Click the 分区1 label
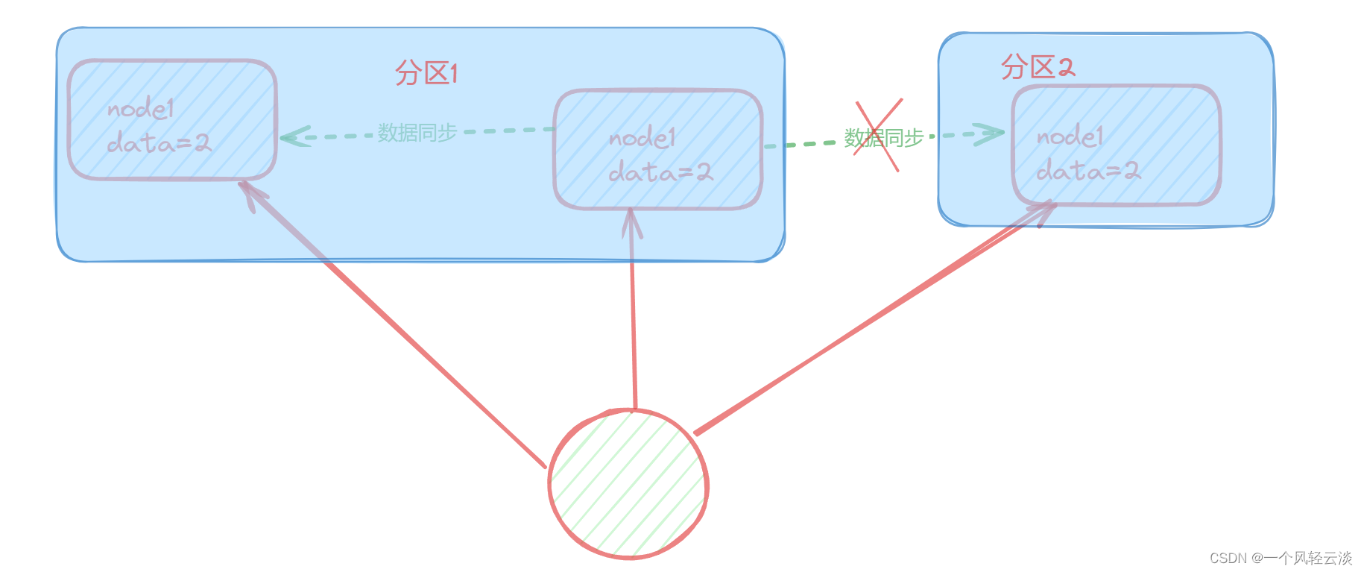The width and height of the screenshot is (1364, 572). coord(426,73)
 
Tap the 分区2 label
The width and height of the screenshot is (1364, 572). coord(1037,67)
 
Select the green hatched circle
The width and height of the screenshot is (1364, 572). coord(628,484)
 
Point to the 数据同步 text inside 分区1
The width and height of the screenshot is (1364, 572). coord(417,133)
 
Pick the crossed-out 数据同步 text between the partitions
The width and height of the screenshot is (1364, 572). coord(884,138)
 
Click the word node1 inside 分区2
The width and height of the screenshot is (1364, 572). coord(1069,136)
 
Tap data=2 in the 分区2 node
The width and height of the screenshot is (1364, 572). coord(1088,172)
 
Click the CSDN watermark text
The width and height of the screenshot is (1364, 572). coord(1280,558)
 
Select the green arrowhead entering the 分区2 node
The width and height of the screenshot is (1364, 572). coord(991,133)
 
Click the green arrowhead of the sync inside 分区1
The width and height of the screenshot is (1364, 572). coord(294,136)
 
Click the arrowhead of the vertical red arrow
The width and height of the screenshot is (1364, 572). coord(632,221)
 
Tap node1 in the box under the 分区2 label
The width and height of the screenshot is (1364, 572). coord(1069,136)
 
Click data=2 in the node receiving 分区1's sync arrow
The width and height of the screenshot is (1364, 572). coord(159,142)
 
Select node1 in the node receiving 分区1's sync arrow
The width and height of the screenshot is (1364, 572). coord(140,110)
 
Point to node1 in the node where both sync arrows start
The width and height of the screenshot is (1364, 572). coord(642,138)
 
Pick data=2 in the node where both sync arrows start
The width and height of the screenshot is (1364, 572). coord(660,173)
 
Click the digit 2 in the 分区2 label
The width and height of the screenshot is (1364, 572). coord(1066,68)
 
